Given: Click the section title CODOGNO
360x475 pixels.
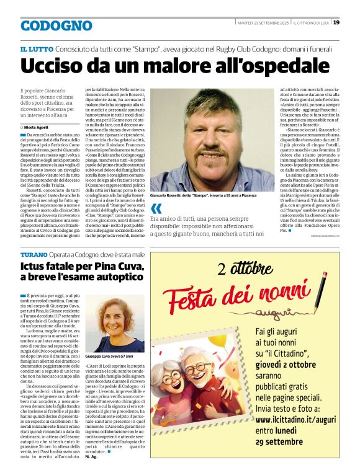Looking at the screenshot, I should pos(56,25).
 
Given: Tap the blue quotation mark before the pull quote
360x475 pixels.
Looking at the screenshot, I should pos(156,208).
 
